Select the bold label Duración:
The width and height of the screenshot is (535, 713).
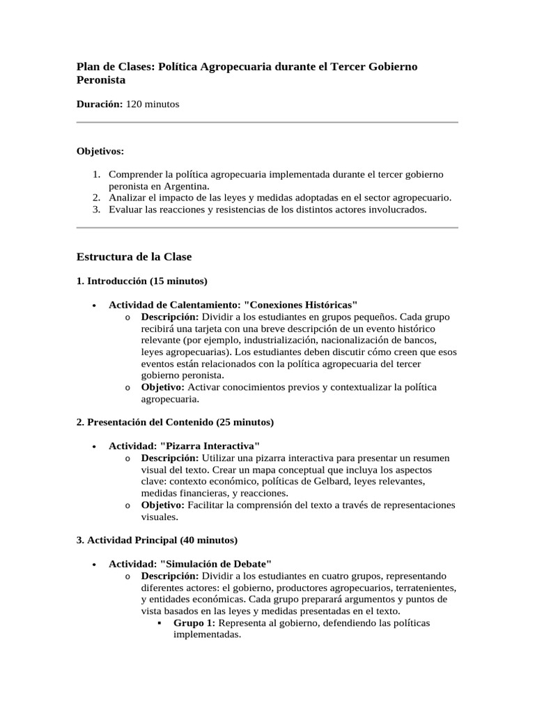(99, 104)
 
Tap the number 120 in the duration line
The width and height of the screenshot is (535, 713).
(134, 104)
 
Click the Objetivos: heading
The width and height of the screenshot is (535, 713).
(100, 150)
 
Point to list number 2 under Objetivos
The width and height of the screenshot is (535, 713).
(96, 197)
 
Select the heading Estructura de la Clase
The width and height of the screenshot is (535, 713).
(133, 257)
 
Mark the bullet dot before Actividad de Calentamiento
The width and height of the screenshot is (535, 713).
(93, 306)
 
